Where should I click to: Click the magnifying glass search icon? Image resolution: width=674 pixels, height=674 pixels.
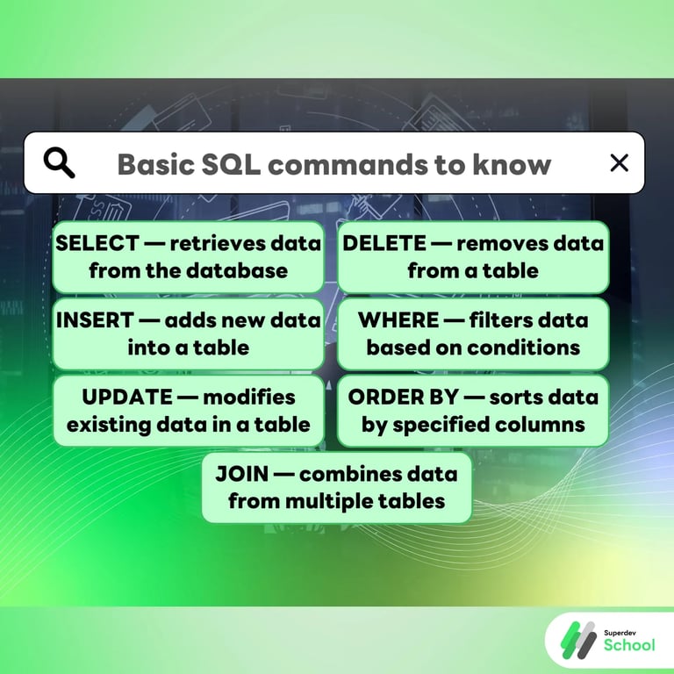coord(59,163)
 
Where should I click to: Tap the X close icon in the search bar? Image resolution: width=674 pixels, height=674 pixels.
coord(619,162)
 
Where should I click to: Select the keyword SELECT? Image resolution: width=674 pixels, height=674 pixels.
coord(97,244)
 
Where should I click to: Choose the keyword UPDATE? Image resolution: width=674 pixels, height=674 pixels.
coord(126,397)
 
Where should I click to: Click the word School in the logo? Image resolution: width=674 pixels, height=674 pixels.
coord(628,645)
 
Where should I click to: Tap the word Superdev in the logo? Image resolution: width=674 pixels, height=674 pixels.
coord(623,630)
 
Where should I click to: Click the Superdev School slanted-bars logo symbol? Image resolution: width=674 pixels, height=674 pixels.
coord(577,638)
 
